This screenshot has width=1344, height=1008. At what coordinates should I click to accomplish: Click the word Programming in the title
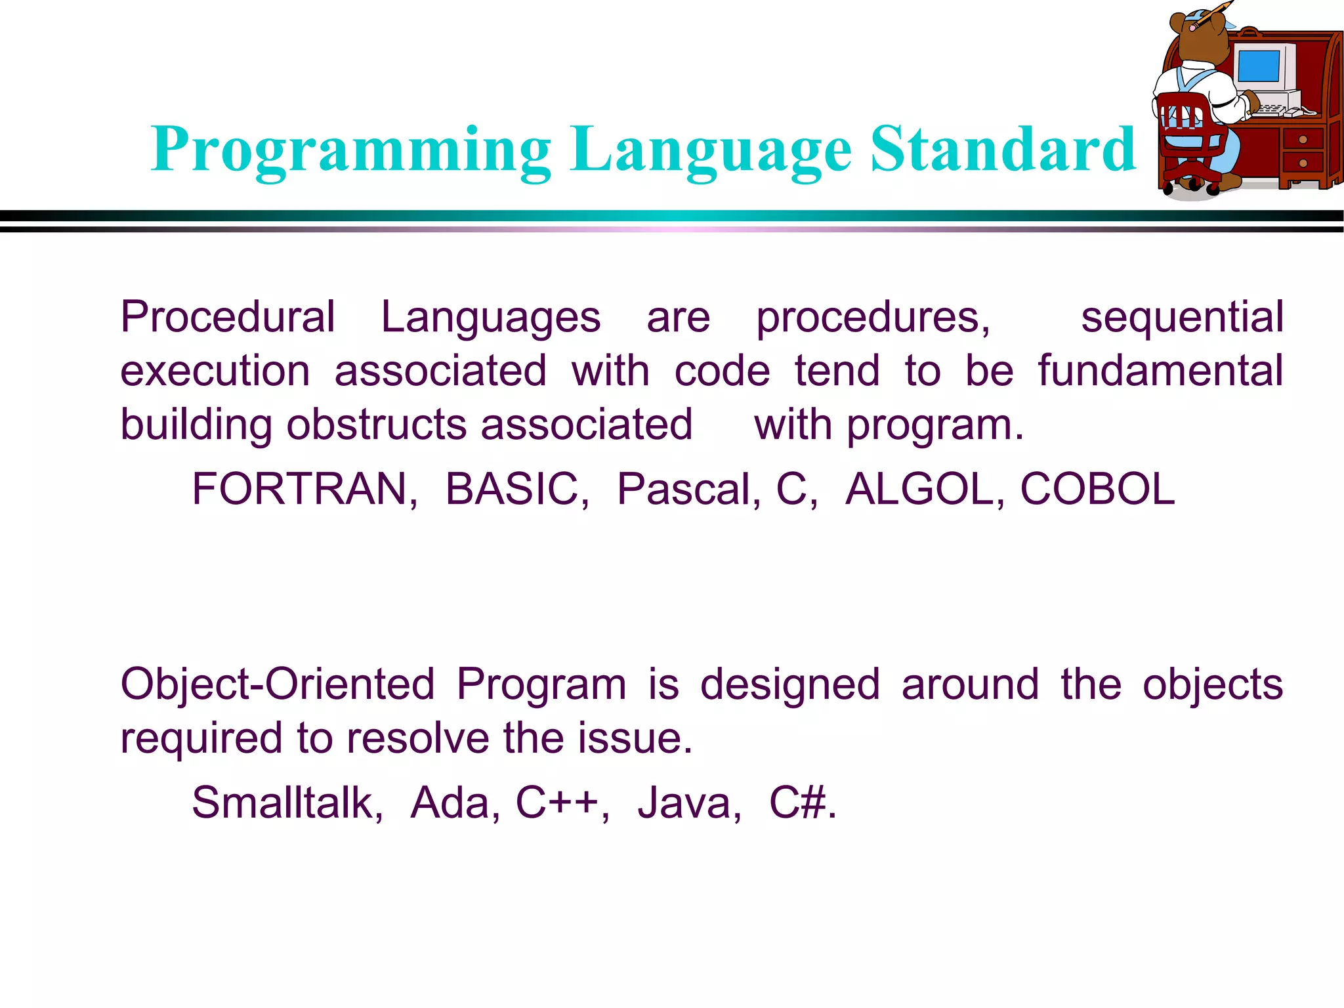[351, 151]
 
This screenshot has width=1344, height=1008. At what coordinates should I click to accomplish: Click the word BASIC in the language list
[516, 490]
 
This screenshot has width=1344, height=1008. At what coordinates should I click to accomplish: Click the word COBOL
[1097, 490]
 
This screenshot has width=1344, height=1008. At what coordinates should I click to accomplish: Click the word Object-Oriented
[278, 684]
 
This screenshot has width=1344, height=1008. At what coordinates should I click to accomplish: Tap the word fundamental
[1160, 371]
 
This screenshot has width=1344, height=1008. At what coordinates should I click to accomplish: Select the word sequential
[1182, 318]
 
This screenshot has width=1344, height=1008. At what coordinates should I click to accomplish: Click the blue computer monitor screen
[1258, 66]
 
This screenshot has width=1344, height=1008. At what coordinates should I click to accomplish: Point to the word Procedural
[228, 318]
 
